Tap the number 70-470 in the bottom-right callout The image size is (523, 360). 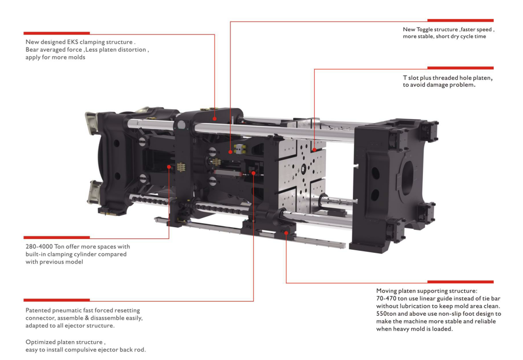386,298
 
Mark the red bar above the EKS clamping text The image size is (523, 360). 57,33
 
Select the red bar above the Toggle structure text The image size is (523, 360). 460,20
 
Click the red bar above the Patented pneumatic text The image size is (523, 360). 57,300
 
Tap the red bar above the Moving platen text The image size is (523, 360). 460,282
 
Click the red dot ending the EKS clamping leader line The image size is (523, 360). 215,118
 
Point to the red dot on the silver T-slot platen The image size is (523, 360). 314,150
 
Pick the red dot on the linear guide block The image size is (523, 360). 286,233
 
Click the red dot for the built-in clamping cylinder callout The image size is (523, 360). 169,166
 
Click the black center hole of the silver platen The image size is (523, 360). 303,169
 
